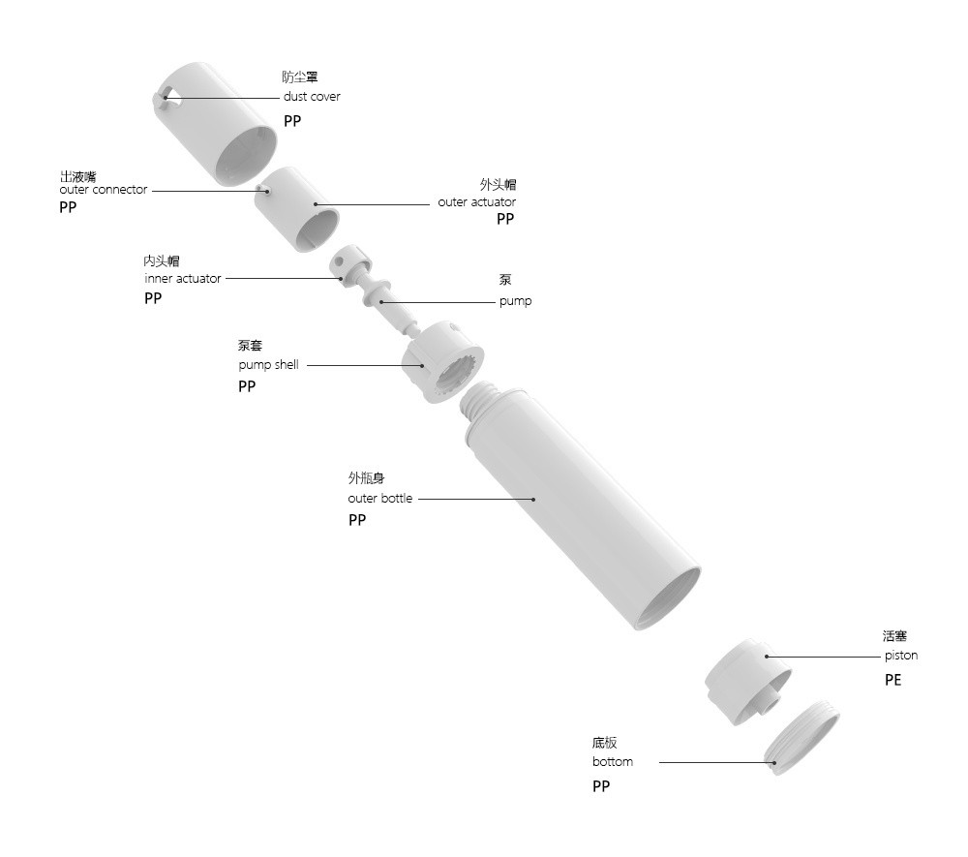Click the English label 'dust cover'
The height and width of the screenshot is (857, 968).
click(x=312, y=96)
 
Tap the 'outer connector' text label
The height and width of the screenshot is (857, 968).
click(x=104, y=190)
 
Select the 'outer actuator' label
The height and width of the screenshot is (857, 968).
click(x=476, y=201)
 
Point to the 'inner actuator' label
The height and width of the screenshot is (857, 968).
click(x=182, y=279)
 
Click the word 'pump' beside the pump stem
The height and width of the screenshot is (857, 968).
click(x=516, y=301)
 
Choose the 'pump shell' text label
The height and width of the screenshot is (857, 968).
click(x=268, y=365)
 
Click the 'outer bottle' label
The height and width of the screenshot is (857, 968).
click(x=379, y=499)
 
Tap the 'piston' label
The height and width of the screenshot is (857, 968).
click(x=900, y=656)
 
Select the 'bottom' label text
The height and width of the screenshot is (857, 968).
click(x=613, y=761)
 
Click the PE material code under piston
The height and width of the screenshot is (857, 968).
click(x=892, y=680)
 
